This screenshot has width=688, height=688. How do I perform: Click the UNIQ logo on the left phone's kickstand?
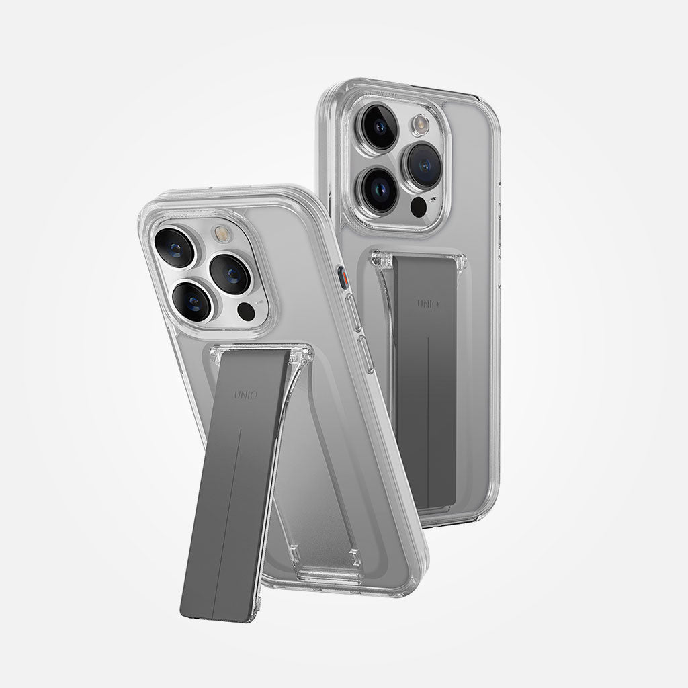click(x=246, y=395)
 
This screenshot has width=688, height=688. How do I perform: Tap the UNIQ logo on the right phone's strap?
click(x=428, y=303)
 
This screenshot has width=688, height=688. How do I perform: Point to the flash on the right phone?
click(x=421, y=124)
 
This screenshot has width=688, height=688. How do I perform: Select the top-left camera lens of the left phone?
click(x=175, y=247)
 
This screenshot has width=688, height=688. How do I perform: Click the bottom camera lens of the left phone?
click(x=192, y=302)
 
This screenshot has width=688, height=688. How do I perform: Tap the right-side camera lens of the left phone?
click(x=230, y=273)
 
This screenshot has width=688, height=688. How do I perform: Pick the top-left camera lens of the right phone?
click(x=380, y=127)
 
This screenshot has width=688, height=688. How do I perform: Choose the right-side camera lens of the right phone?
click(x=424, y=165)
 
